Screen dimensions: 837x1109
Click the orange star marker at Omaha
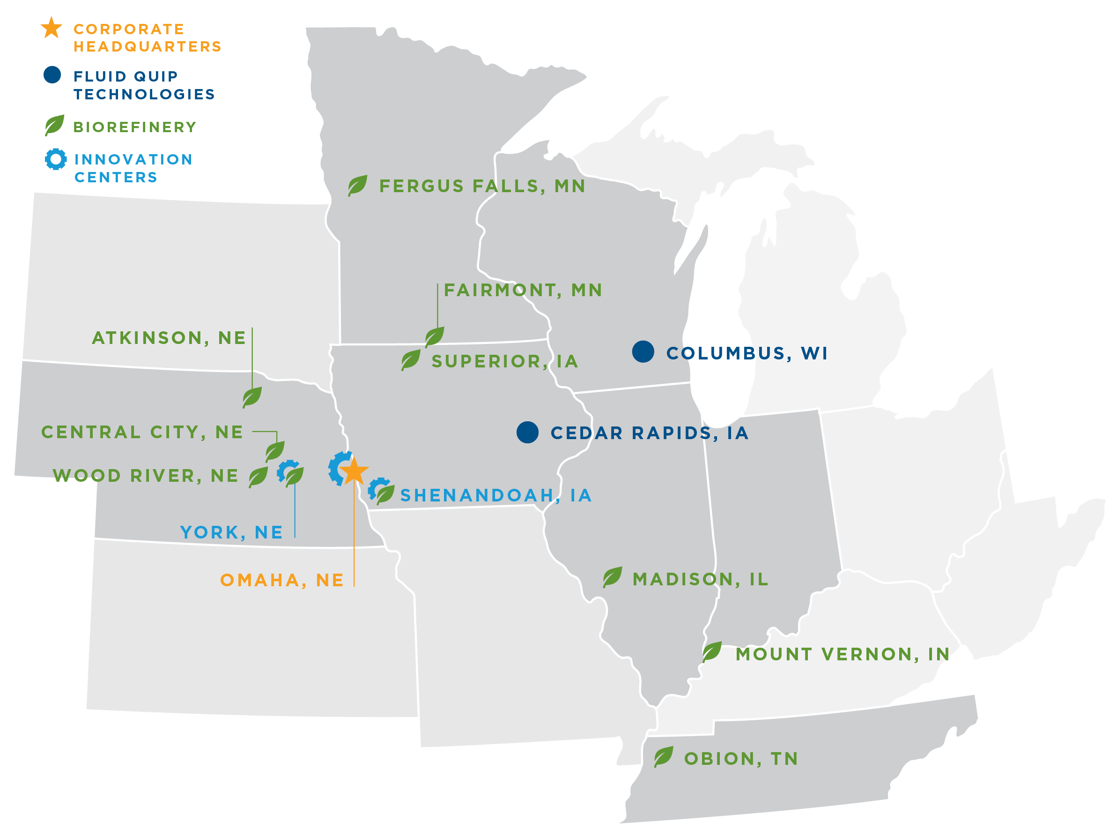click(x=354, y=471)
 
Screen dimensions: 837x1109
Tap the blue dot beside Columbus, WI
click(x=643, y=351)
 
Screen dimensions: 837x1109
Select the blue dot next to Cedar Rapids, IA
click(x=527, y=432)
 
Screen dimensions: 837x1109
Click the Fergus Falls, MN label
click(x=482, y=186)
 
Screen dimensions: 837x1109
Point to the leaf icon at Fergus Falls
click(x=357, y=185)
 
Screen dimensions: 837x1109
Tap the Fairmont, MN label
click(x=523, y=290)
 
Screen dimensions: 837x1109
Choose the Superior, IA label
click(x=505, y=361)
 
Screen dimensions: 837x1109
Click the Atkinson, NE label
click(x=169, y=338)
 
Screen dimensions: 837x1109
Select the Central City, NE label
click(x=142, y=432)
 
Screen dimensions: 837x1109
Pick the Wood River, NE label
click(x=145, y=476)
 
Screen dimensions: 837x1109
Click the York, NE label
click(x=232, y=532)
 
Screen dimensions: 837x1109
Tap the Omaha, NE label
click(x=282, y=580)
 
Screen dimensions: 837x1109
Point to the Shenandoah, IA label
click(x=496, y=495)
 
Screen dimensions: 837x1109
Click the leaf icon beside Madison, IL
click(x=612, y=577)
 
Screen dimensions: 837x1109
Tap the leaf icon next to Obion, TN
click(x=663, y=757)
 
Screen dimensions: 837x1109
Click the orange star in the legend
click(x=52, y=28)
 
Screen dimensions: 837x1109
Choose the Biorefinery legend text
click(x=135, y=127)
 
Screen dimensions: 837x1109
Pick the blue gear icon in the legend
click(x=56, y=159)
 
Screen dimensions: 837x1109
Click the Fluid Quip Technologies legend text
click(x=144, y=85)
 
